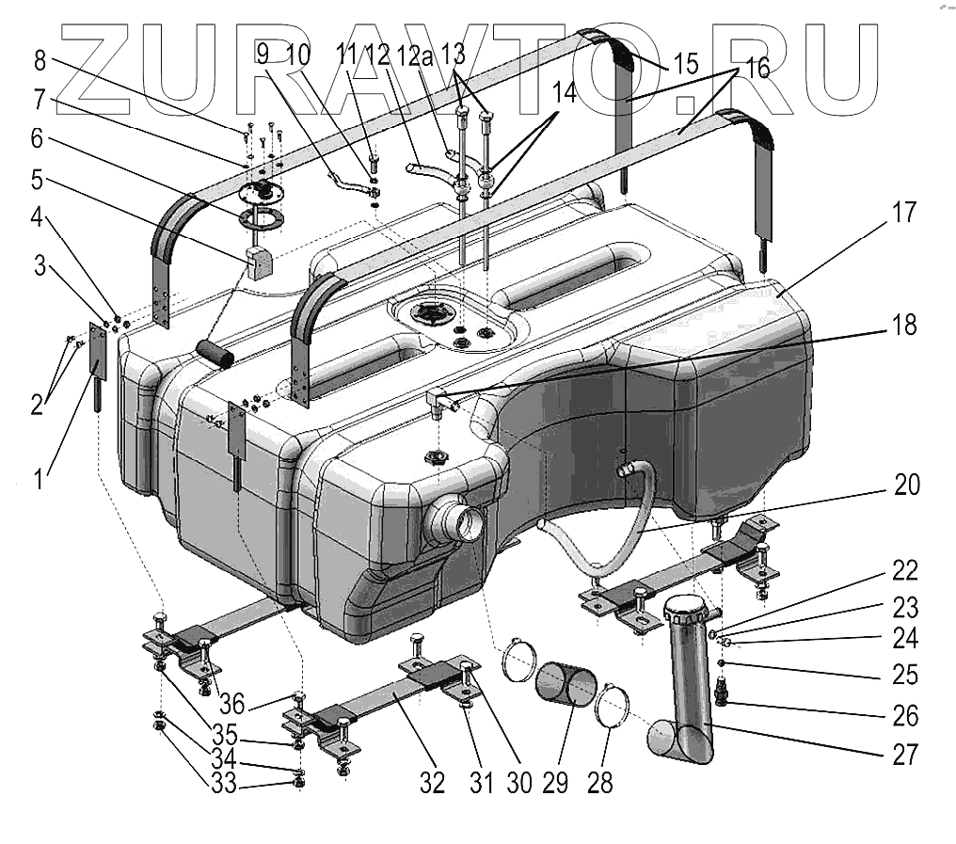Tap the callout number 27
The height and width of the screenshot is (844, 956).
[905, 754]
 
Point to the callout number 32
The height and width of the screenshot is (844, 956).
[432, 782]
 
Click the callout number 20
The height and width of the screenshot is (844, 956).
[906, 486]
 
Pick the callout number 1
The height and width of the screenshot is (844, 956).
[39, 481]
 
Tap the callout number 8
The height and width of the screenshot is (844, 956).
[39, 62]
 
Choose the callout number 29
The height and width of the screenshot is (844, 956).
[555, 782]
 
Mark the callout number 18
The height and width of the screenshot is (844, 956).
[906, 326]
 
